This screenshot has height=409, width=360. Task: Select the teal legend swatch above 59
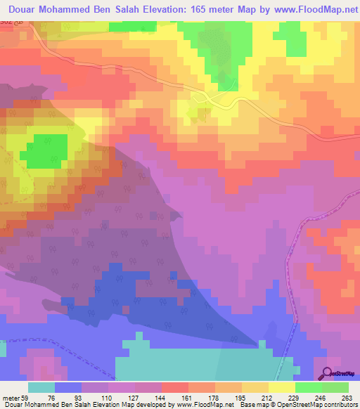(41, 387)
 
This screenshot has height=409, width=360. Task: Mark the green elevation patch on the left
(47, 150)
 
